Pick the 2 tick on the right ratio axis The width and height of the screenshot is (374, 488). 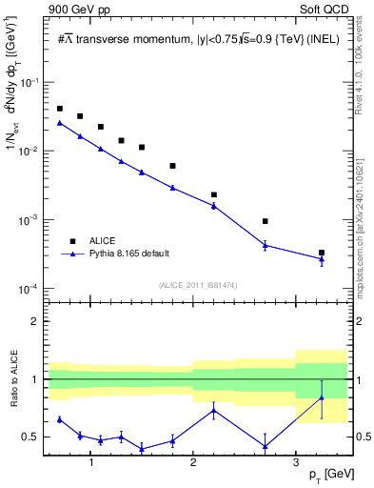click(358, 321)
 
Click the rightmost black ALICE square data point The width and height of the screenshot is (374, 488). click(322, 253)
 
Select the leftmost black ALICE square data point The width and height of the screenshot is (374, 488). click(60, 109)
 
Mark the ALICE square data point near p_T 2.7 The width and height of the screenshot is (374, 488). click(266, 221)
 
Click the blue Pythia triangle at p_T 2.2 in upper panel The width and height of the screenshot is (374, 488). click(214, 205)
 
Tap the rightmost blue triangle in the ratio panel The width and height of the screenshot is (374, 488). click(322, 397)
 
